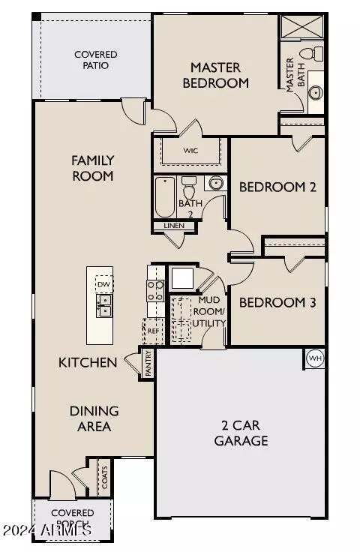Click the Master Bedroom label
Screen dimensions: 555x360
[x=219, y=75]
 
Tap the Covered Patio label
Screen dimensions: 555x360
[x=91, y=60]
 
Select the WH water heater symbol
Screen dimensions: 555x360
[x=315, y=358]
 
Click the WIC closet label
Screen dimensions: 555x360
[x=190, y=149]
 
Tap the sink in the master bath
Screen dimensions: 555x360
[x=316, y=93]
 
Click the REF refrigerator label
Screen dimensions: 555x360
[x=154, y=329]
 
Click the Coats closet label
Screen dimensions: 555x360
[x=104, y=478]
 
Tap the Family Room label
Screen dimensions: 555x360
[x=92, y=167]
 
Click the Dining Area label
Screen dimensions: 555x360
[x=94, y=418]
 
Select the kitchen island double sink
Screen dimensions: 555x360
[x=103, y=305]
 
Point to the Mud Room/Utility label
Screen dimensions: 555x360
[x=209, y=311]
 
